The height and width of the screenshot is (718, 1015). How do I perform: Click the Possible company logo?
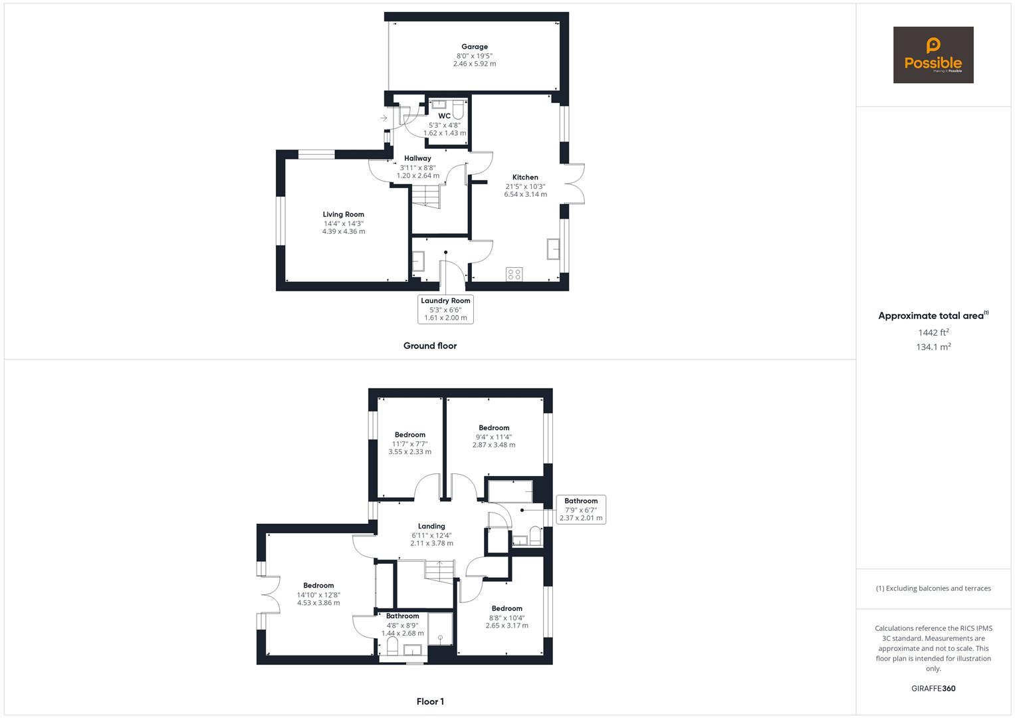pyautogui.click(x=933, y=55)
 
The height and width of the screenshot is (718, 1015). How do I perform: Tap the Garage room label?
pyautogui.click(x=475, y=47)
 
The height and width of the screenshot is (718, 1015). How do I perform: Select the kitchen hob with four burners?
pyautogui.click(x=514, y=274)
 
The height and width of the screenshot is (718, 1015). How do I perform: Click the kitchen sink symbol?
pyautogui.click(x=553, y=249)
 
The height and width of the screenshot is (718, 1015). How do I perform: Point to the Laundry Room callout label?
pyautogui.click(x=445, y=309)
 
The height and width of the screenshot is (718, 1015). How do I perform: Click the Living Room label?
pyautogui.click(x=344, y=214)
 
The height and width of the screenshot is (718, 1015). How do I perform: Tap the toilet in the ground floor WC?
pyautogui.click(x=457, y=106)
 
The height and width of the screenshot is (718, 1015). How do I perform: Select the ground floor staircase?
pyautogui.click(x=426, y=196)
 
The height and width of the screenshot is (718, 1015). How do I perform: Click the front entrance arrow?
pyautogui.click(x=384, y=118)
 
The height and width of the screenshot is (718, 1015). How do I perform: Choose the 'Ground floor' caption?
pyautogui.click(x=430, y=346)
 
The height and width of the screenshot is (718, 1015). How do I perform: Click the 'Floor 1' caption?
pyautogui.click(x=430, y=701)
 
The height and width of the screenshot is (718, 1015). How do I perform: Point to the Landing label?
pyautogui.click(x=431, y=526)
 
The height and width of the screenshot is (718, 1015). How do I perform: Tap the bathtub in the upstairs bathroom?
pyautogui.click(x=510, y=491)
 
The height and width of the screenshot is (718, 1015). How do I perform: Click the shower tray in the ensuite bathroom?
pyautogui.click(x=440, y=629)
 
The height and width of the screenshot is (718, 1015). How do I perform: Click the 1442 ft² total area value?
pyautogui.click(x=933, y=332)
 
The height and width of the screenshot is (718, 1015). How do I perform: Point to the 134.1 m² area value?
pyautogui.click(x=933, y=347)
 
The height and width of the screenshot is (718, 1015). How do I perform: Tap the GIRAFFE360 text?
pyautogui.click(x=933, y=689)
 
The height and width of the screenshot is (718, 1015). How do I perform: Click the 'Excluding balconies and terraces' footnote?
pyautogui.click(x=933, y=588)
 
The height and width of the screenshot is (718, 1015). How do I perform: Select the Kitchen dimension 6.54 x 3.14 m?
pyautogui.click(x=525, y=195)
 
